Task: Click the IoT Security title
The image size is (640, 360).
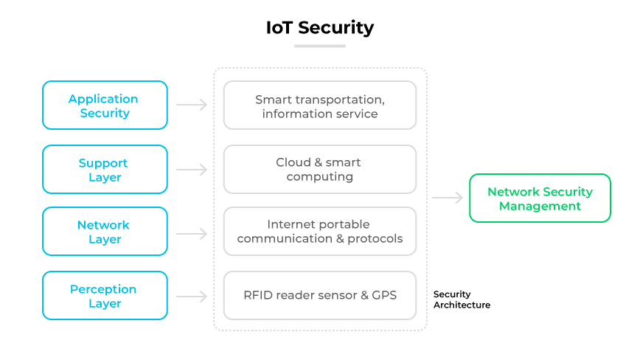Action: point(319,28)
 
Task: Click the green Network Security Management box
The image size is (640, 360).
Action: point(540,198)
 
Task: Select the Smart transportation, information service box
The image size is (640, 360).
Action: point(319,105)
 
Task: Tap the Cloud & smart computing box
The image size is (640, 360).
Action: point(319,170)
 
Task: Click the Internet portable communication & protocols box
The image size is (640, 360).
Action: point(319,232)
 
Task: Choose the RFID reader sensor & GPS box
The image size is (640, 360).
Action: point(319,296)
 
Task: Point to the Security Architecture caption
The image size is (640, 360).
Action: point(462,300)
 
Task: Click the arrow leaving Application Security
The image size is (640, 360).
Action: point(192,105)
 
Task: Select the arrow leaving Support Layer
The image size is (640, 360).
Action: point(192,170)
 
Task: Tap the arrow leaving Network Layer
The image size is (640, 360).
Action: point(192,234)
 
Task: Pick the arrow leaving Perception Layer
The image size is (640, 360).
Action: point(192,297)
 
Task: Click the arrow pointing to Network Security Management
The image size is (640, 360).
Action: point(448,198)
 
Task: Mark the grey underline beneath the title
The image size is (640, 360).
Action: point(319,46)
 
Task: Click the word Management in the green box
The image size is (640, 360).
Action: point(540,206)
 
